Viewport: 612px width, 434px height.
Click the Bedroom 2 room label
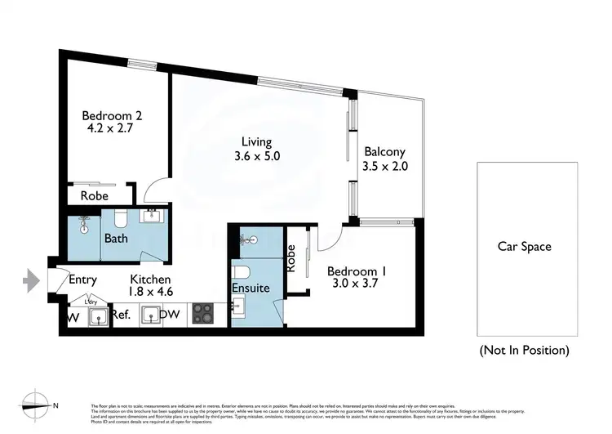pos(111,115)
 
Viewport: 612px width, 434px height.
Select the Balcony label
pos(384,152)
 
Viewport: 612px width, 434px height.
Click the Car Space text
pos(525,246)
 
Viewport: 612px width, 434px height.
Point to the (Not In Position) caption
pos(524,350)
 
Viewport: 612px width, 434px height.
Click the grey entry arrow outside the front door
pos(31,280)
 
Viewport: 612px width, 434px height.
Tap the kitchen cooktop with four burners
pos(202,313)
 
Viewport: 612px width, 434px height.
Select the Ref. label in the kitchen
pos(122,314)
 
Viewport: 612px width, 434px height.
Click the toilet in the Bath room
pos(120,218)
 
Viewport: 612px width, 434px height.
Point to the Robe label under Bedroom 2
pos(95,196)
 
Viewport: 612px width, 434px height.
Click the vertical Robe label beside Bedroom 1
pos(290,259)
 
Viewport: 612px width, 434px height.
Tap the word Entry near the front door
pos(82,280)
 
